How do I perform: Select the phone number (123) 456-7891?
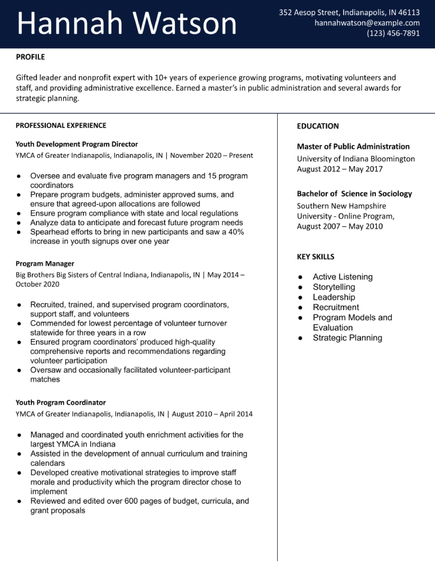[393, 33]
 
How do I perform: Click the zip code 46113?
[409, 12]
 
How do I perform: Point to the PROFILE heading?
[30, 57]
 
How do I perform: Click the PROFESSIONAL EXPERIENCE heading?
[61, 126]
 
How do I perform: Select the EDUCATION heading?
[318, 126]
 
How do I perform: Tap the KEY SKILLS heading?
[315, 257]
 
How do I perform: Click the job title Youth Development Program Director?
[77, 144]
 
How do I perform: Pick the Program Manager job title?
[45, 263]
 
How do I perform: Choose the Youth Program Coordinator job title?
[61, 402]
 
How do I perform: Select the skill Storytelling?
[334, 287]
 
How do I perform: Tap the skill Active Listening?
[342, 277]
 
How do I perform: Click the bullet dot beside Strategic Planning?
[300, 338]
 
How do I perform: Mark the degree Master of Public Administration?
[353, 146]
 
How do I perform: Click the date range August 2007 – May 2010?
[340, 226]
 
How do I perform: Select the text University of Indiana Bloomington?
[356, 159]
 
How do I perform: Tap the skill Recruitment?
[336, 307]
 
